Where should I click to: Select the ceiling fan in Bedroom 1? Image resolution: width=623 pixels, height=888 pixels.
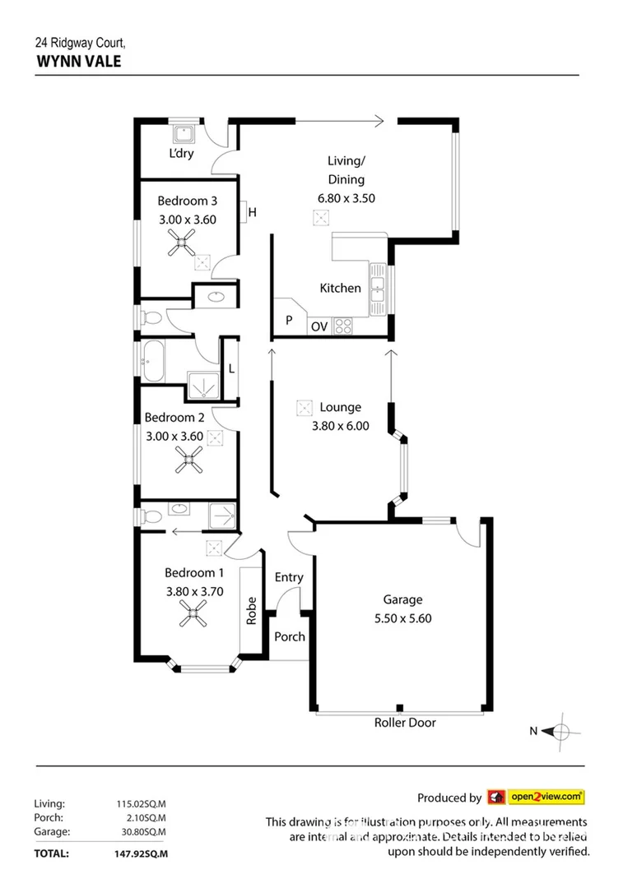click(x=196, y=611)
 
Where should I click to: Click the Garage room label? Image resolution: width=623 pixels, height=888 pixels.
click(x=402, y=600)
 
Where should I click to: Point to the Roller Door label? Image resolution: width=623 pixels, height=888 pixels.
click(x=405, y=723)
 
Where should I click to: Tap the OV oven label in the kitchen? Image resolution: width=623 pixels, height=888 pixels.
click(x=319, y=326)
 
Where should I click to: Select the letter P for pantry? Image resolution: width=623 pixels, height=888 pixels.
click(x=289, y=321)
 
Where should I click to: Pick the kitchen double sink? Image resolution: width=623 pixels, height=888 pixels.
click(x=378, y=288)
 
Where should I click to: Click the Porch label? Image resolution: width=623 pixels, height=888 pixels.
click(x=289, y=636)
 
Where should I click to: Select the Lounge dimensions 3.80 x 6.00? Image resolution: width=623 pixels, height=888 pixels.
click(x=340, y=426)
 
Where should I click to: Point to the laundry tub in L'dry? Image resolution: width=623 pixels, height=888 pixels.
click(x=181, y=134)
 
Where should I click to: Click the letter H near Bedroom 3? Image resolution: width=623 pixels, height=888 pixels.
click(x=253, y=213)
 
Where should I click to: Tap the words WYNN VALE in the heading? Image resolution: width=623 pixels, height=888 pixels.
click(x=78, y=60)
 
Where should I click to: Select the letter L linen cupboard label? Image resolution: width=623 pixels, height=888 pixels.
click(x=231, y=368)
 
